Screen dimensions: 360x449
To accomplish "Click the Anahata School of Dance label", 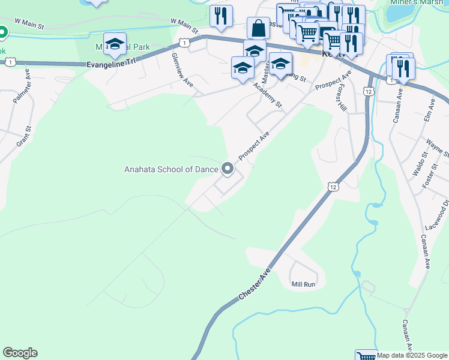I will point(171,169).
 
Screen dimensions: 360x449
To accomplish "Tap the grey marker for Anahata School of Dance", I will point(228,169).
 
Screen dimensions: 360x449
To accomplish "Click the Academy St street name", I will point(267,95).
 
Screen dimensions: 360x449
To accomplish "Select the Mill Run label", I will point(303,284).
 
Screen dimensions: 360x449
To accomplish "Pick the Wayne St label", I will point(434,147).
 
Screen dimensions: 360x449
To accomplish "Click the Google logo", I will point(20,353).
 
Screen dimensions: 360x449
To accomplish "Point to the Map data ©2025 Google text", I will point(412,355).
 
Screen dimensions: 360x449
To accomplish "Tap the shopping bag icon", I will point(258,28).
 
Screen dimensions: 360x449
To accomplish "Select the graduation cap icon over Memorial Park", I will point(115,44).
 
